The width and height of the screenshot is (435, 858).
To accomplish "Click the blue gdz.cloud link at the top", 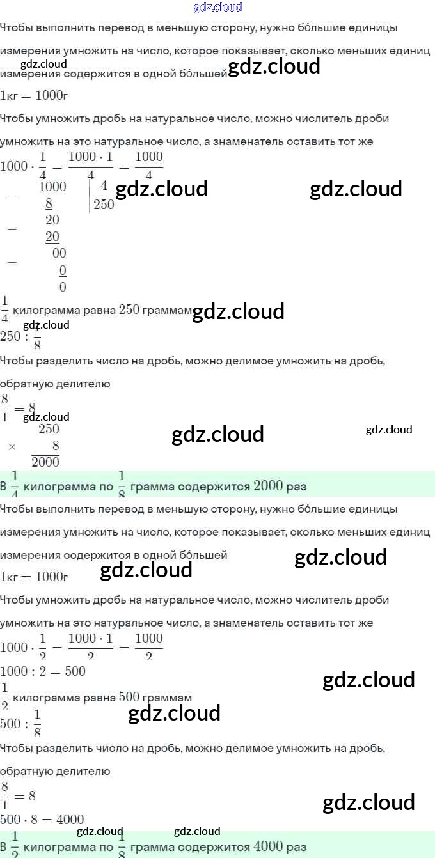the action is point(217,8).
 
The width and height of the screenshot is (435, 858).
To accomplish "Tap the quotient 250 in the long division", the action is point(104,205).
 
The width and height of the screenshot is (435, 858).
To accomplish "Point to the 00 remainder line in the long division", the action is point(59,253).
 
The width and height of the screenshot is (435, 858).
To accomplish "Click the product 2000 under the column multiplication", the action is point(45,462).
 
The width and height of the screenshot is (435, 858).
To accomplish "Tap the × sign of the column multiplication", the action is point(12,446).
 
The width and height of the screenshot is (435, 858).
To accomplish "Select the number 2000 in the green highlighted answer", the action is point(268,486).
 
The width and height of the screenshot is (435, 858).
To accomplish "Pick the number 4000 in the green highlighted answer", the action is point(268,846).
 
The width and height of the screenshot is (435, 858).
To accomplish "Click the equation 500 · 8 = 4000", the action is point(42,820).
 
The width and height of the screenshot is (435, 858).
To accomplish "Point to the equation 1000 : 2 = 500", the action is point(43,671).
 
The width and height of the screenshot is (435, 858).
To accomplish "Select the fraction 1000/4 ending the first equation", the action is point(148,166).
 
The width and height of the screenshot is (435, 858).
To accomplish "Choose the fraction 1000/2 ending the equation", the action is point(148,647).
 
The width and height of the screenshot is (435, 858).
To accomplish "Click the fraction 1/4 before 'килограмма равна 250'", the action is point(5,310).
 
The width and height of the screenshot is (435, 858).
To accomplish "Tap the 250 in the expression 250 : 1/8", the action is point(10,336).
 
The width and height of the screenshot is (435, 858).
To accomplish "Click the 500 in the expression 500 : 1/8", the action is point(10,724).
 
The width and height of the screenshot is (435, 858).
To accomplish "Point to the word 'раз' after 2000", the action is point(297,487).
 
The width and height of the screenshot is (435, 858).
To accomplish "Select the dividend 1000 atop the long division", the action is point(52,187).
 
